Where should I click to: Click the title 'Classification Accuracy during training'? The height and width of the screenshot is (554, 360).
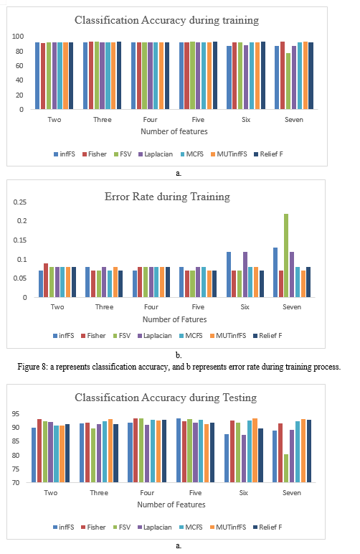pos(166,21)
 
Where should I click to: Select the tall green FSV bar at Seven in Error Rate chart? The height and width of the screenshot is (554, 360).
pos(286,255)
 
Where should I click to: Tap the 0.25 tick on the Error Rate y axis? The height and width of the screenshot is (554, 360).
pos(20,202)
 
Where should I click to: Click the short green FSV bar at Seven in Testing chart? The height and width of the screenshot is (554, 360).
pos(286,468)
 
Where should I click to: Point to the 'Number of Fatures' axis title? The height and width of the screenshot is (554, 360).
pos(175,319)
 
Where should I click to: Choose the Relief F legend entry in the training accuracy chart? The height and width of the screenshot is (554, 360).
pos(269,154)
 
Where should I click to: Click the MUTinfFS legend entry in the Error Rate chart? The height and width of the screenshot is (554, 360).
pos(228,336)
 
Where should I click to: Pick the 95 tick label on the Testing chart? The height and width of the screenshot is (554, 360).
pos(16,414)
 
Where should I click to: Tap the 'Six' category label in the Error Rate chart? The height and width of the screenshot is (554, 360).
pos(245,307)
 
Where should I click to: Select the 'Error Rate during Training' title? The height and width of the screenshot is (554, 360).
pos(167,197)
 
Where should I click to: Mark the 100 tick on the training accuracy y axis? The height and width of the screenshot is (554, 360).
pos(18,37)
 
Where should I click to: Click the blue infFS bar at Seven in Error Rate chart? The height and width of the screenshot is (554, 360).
pos(275,273)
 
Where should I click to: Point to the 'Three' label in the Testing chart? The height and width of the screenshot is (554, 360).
pos(99,493)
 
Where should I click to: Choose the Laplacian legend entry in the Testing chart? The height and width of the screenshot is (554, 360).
pos(155,527)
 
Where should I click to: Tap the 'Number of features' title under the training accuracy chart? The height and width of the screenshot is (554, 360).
pos(174,131)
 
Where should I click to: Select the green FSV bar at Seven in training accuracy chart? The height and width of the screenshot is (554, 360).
pos(288,81)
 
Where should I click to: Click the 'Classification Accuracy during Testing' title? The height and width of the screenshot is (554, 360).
pos(166,398)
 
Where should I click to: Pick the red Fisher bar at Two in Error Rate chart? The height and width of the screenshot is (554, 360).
pos(46,280)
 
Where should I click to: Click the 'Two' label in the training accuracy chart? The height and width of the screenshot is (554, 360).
pos(55,120)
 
